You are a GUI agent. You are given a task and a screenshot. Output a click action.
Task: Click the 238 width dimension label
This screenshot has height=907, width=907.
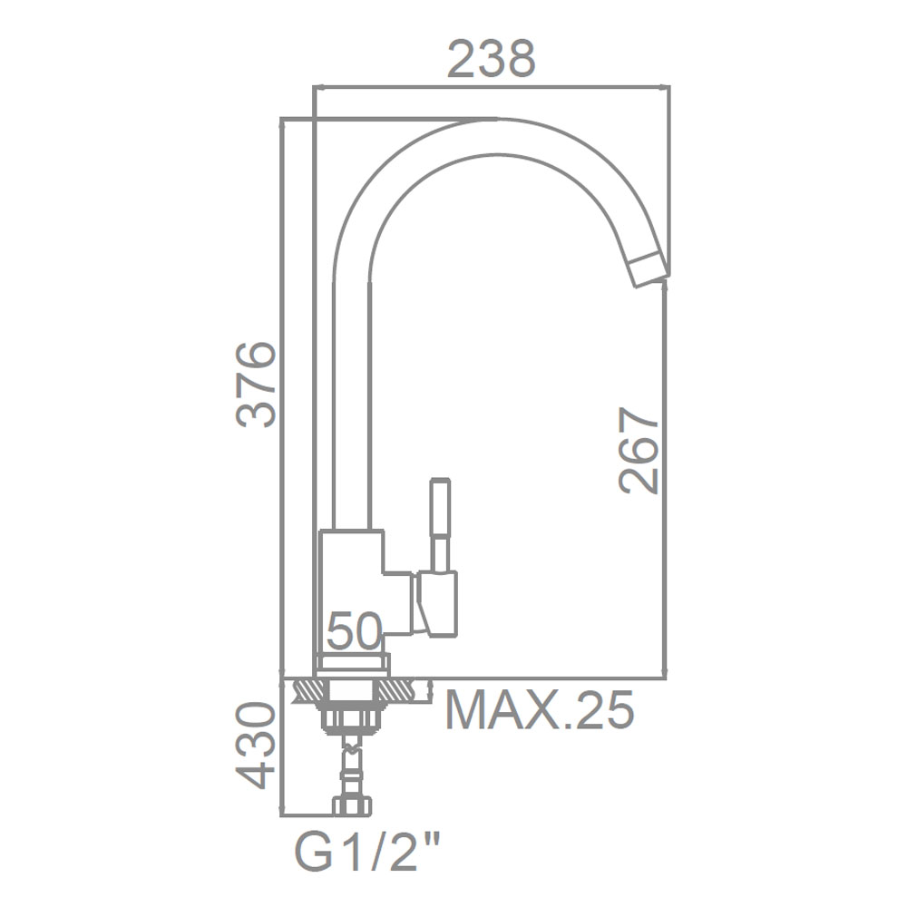coord(492,59)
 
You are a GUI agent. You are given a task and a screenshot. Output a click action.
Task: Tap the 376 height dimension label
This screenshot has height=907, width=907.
coord(256,385)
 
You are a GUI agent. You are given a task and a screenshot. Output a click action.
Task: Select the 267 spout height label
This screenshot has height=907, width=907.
coord(639,451)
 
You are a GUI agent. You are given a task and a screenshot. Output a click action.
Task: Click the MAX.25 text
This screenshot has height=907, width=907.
coord(540,710)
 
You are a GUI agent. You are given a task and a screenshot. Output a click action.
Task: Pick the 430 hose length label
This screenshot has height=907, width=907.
coord(256,746)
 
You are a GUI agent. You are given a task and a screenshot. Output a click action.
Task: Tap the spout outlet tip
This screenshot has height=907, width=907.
coord(649,269)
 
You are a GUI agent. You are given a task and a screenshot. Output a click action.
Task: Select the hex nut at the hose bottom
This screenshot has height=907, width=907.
coord(352,806)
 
